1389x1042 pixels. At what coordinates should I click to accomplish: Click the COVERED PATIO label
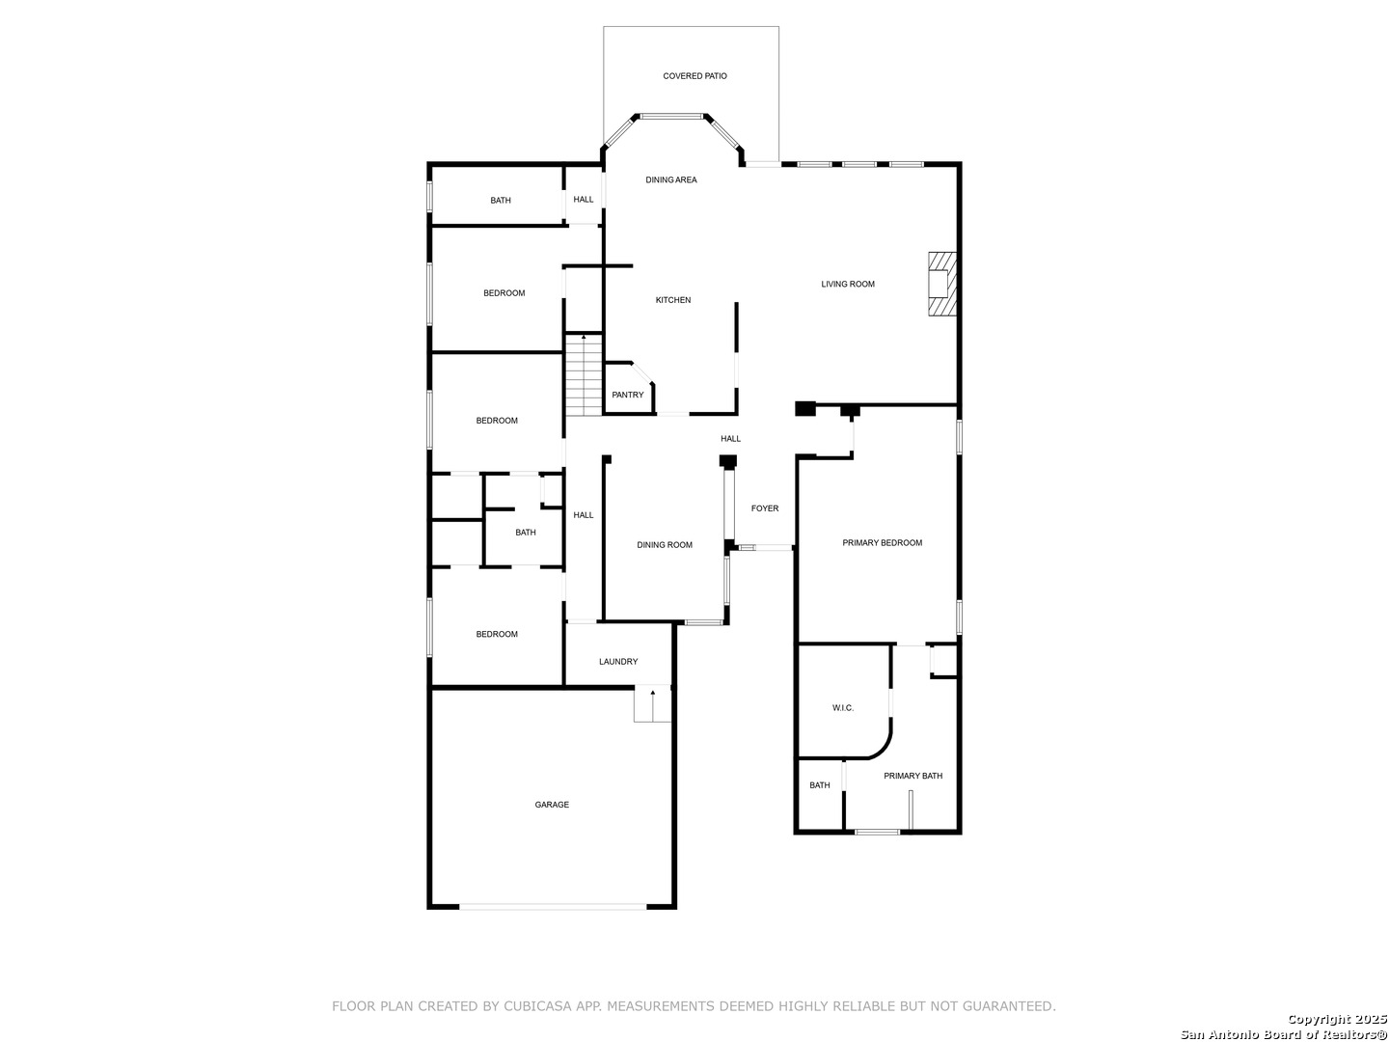coord(694,76)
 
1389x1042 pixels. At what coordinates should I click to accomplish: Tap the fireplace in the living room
coord(941,284)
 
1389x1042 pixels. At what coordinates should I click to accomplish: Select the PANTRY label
coord(627,395)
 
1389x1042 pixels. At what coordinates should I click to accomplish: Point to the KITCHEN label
coord(672,300)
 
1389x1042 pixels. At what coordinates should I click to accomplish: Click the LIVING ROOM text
coord(847,284)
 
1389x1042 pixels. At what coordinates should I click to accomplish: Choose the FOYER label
coord(764,508)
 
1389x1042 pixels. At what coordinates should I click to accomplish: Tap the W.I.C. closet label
coord(842,708)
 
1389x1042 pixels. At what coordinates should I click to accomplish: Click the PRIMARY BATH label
coord(912,776)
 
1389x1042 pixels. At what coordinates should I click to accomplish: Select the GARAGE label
coord(551,805)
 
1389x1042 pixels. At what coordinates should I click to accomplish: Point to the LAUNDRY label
coord(617,662)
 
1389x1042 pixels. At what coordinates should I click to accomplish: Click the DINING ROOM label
coord(664,545)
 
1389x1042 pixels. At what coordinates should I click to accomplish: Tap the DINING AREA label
coord(670,179)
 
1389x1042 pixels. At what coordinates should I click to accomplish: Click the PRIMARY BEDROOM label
coord(882,543)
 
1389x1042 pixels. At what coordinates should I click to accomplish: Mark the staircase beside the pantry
coord(583,374)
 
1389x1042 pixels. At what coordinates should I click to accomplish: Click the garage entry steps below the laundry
coord(652,703)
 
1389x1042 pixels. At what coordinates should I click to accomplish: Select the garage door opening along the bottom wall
coord(553,907)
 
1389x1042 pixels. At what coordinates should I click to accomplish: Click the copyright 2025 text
coord(1337,1019)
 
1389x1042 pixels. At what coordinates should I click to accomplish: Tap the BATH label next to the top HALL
coord(500,201)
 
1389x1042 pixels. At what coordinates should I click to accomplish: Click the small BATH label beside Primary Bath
coord(819,785)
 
